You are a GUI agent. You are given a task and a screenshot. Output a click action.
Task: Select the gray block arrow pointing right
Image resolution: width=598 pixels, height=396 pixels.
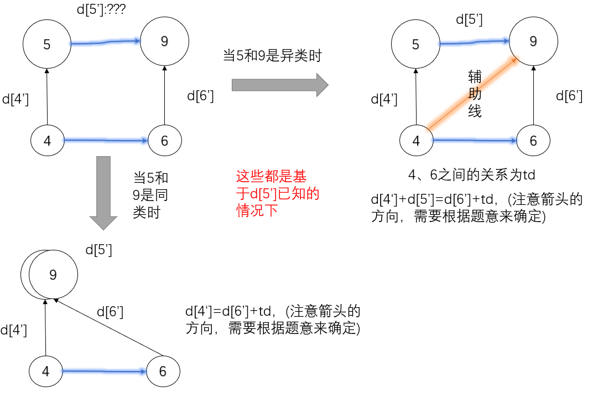tap(279, 85)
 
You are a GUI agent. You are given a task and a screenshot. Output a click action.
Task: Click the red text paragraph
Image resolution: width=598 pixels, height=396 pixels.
tap(278, 193)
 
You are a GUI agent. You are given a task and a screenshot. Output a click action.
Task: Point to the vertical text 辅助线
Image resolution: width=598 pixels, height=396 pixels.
tap(475, 94)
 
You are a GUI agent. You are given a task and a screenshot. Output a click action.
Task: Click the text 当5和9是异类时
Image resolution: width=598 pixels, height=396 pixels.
tap(272, 55)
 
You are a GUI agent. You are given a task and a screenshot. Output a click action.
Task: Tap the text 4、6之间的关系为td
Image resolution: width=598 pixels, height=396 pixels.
tap(471, 175)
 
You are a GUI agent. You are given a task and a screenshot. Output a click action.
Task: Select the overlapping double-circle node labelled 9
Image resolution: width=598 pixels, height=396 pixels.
tap(50, 275)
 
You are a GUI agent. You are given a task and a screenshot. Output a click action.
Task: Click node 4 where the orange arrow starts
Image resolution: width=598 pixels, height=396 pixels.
tap(416, 141)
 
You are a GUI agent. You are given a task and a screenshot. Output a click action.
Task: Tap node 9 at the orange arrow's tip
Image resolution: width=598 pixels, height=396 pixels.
tap(533, 42)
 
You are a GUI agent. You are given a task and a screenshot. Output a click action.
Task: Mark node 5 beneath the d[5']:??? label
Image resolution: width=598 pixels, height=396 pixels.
tap(47, 44)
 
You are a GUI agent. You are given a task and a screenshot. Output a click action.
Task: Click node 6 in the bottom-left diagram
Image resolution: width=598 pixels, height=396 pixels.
tap(163, 371)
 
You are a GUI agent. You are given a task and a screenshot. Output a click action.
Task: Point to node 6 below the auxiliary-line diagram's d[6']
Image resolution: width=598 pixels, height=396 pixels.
tap(533, 141)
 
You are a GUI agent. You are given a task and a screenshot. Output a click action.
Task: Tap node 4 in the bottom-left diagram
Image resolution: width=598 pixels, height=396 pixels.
tap(45, 371)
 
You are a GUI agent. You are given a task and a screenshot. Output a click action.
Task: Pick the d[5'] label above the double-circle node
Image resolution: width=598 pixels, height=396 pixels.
tap(98, 250)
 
